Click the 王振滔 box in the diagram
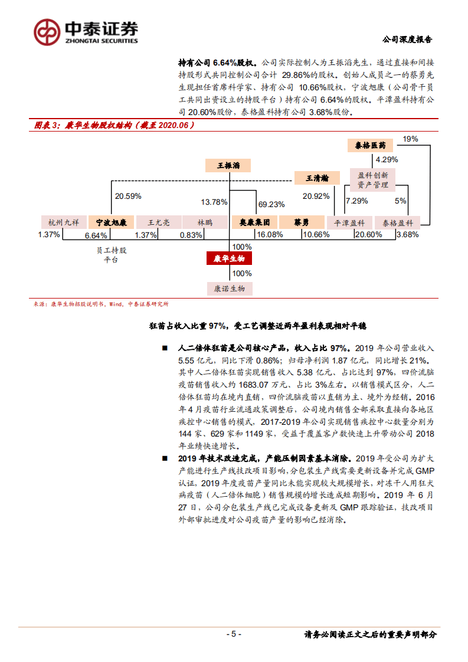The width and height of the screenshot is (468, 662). (x=228, y=166)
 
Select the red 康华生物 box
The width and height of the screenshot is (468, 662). (x=229, y=259)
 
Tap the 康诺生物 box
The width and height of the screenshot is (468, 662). (x=229, y=289)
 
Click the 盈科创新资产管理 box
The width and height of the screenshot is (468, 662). (x=373, y=180)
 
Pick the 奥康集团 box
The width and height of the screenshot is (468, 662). (x=254, y=222)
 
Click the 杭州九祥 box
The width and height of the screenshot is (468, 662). (x=63, y=222)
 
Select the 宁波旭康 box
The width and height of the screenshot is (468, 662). (x=112, y=222)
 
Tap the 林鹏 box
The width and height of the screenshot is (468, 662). (x=204, y=222)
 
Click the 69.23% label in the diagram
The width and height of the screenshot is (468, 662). (x=271, y=204)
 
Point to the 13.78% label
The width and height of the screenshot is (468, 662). (x=214, y=202)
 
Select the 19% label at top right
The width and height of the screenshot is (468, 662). (x=410, y=139)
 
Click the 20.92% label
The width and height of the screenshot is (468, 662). (x=316, y=196)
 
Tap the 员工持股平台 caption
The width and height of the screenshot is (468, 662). (x=112, y=254)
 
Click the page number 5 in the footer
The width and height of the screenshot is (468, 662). (x=234, y=634)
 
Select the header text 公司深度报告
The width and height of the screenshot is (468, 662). (x=407, y=40)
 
